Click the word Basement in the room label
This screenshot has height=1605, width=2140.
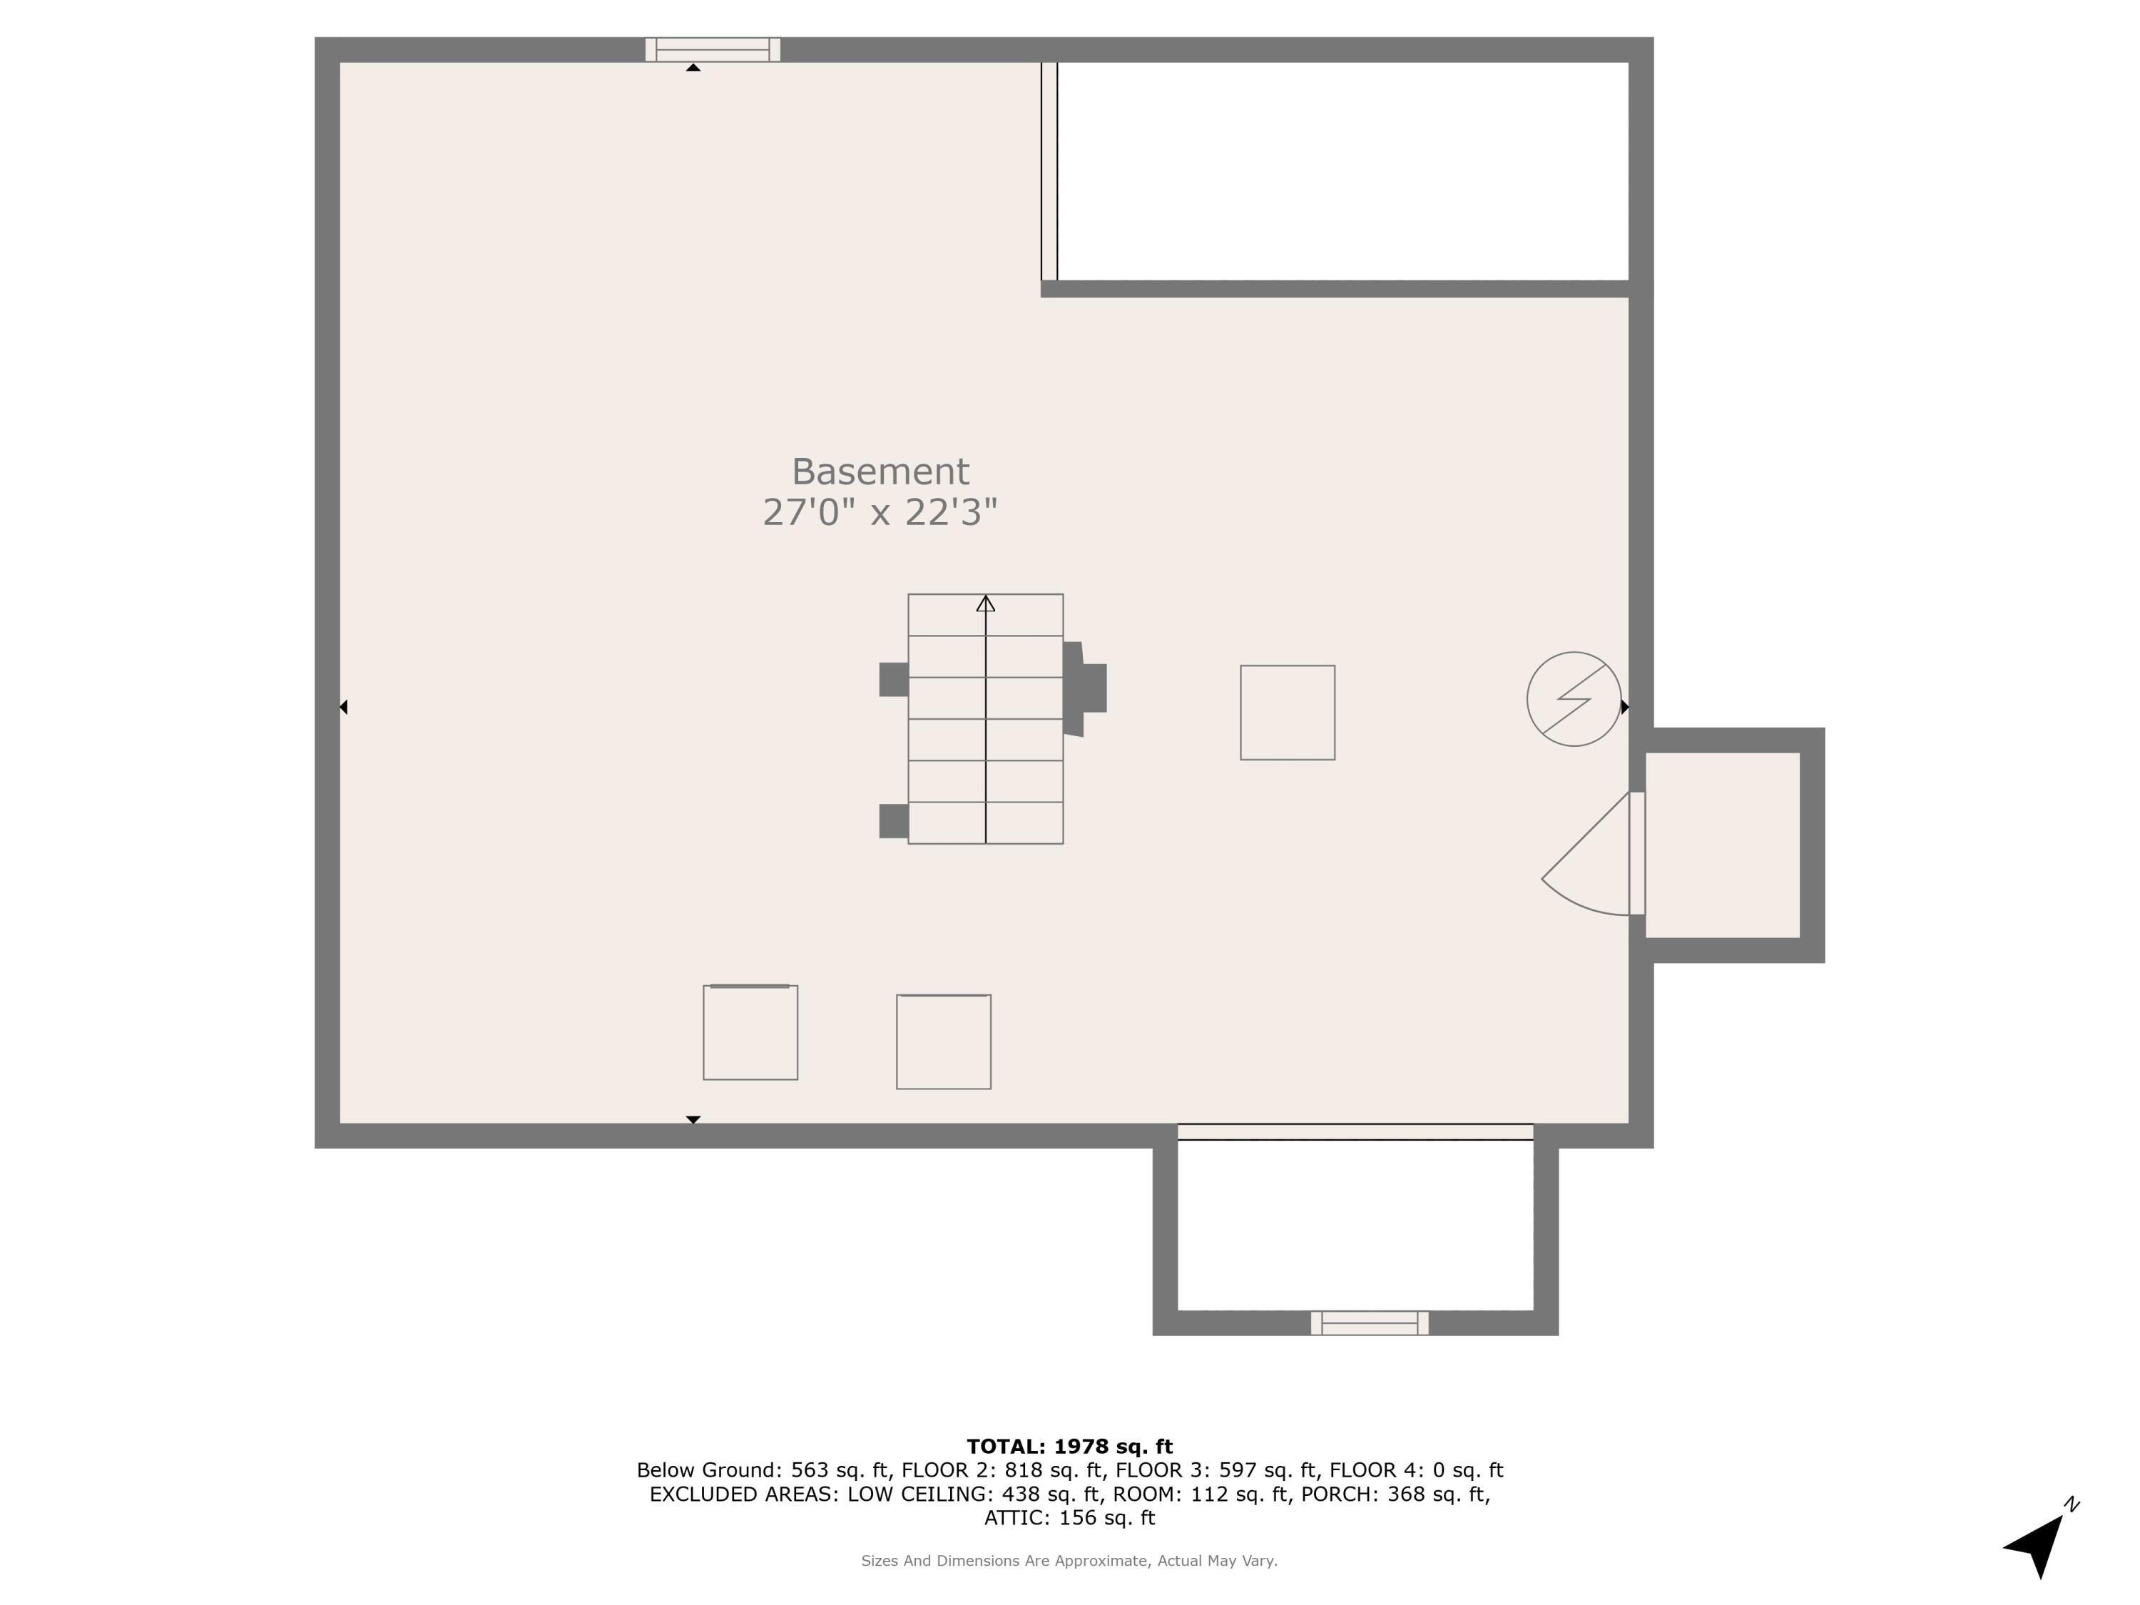(x=880, y=472)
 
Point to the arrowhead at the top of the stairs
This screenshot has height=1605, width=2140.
(x=985, y=603)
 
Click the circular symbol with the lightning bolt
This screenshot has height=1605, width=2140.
(x=1573, y=698)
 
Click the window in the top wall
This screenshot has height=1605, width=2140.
(x=713, y=49)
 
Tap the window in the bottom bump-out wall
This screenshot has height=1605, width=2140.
(x=1369, y=1323)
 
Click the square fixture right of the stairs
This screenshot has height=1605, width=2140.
(x=1287, y=712)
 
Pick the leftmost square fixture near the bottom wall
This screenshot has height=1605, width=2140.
(x=750, y=1032)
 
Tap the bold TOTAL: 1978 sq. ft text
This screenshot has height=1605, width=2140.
(x=1069, y=1447)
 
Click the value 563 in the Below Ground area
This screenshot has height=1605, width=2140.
(x=810, y=1470)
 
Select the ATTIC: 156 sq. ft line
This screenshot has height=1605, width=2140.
(x=1069, y=1518)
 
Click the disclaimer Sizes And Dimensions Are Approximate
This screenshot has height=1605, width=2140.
(x=1069, y=1561)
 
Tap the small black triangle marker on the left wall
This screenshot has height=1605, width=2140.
(x=343, y=707)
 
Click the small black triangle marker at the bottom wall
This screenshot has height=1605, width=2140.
(x=693, y=1119)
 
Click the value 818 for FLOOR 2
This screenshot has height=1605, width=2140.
(x=1024, y=1470)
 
